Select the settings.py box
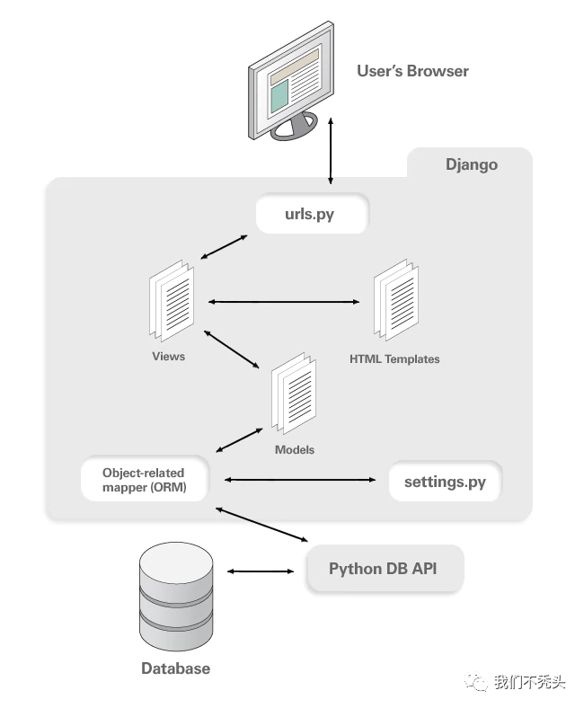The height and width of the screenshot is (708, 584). [445, 482]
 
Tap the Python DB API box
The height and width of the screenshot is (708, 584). [384, 569]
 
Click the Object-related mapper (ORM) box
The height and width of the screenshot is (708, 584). [144, 480]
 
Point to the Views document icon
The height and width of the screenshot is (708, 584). [171, 301]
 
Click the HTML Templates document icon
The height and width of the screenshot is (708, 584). [395, 301]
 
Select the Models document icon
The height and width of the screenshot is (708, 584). [294, 393]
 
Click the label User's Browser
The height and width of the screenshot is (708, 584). [412, 71]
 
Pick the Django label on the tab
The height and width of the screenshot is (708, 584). [472, 164]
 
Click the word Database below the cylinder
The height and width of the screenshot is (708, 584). [175, 668]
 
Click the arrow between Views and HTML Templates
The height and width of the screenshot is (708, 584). [283, 302]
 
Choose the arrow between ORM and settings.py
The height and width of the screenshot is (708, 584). [299, 481]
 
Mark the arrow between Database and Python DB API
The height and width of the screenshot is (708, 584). [261, 571]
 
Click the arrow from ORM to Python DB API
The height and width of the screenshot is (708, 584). [261, 526]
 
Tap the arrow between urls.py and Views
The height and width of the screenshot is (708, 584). [224, 248]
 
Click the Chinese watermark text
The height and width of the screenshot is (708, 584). [529, 683]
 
